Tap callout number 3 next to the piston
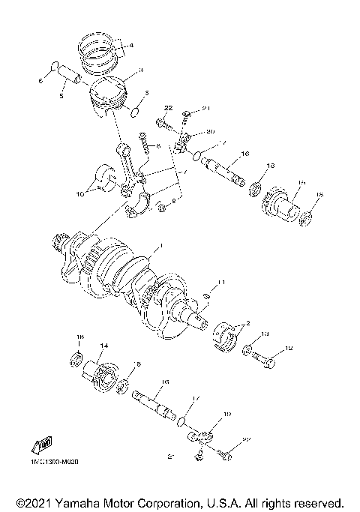click(x=130, y=70)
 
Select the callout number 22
click(x=168, y=109)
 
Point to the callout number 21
click(x=197, y=109)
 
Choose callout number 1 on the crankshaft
click(x=157, y=246)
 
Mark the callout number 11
click(x=220, y=282)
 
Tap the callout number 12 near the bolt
click(x=290, y=349)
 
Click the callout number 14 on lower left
click(x=104, y=346)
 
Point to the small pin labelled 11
click(x=208, y=295)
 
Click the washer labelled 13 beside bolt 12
click(x=247, y=349)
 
